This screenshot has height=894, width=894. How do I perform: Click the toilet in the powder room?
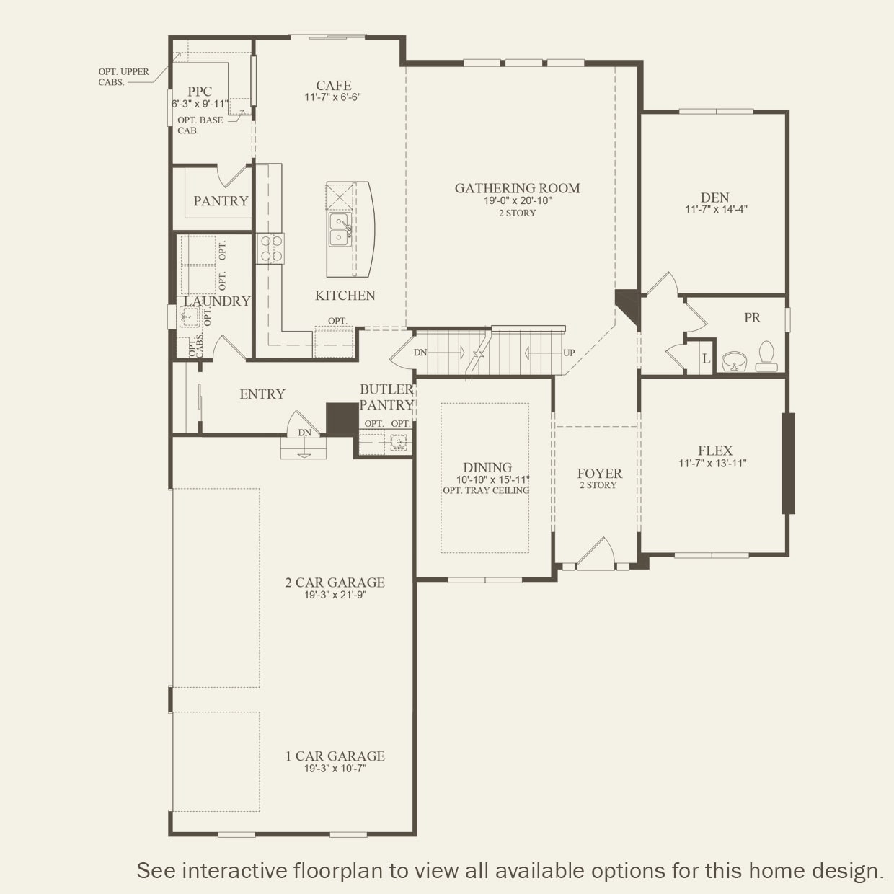[766, 356]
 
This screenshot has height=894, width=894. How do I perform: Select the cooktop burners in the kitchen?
[270, 249]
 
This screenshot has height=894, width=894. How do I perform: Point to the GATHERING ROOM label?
[517, 188]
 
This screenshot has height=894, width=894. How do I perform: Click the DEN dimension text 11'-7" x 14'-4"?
[717, 209]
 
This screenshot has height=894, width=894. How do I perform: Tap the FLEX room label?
[715, 451]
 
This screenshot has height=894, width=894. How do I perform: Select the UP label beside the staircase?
[569, 353]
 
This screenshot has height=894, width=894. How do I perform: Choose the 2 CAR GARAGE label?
[335, 583]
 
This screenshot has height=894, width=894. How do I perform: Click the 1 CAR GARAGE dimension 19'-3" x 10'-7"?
[335, 769]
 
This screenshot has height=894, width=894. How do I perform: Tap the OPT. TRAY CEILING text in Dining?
[486, 490]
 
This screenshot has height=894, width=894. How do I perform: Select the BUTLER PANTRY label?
[386, 397]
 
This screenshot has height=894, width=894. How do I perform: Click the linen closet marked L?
[706, 358]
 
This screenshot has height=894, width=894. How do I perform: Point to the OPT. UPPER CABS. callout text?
[124, 77]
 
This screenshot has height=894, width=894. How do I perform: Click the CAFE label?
[334, 85]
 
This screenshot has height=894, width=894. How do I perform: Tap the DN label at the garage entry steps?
[305, 433]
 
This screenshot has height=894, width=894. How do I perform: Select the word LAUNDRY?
[217, 301]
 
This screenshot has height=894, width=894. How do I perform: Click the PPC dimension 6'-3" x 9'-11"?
[200, 104]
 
